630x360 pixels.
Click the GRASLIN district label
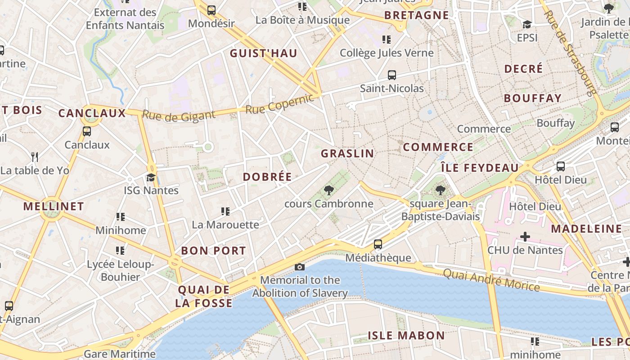[x=347, y=153]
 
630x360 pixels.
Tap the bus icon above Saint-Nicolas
[x=392, y=75]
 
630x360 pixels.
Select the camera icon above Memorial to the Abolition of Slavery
[x=300, y=267]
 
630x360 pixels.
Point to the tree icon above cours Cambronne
[x=329, y=190]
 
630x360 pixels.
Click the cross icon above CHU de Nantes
[x=525, y=236]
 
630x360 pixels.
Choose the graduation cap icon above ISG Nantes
[x=151, y=177]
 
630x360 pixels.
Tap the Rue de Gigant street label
[x=179, y=115]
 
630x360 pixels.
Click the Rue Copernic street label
[x=279, y=104]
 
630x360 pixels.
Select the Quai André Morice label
[x=491, y=279]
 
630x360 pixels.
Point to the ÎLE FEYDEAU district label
[x=479, y=168]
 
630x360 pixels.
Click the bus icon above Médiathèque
[x=378, y=244]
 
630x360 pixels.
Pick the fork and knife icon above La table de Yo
[x=35, y=157]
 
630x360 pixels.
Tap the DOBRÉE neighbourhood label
[x=267, y=177]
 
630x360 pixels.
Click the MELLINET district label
[x=54, y=207]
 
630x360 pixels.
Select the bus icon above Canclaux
[x=87, y=131]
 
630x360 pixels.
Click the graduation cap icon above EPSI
[x=527, y=24]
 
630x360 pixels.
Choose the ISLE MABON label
[x=406, y=335]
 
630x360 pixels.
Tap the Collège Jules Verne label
[x=387, y=53]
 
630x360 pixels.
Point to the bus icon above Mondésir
[x=211, y=10]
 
